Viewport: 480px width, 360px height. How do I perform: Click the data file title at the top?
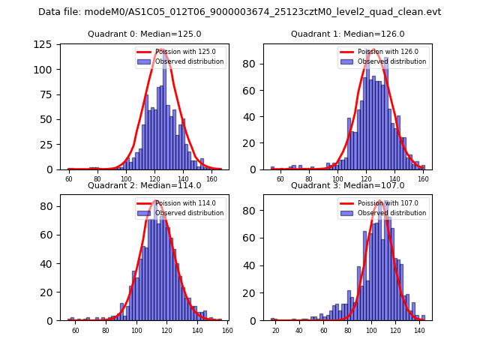(239, 12)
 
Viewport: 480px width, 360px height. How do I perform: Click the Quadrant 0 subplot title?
(145, 34)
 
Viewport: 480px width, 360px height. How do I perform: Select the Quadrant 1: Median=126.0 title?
(347, 34)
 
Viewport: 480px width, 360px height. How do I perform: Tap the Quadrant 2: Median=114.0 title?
(145, 185)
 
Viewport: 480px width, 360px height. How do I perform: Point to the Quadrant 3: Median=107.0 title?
(347, 185)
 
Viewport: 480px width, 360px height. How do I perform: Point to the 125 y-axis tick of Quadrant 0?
(46, 44)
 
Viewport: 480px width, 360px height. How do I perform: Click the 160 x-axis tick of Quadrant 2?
(226, 331)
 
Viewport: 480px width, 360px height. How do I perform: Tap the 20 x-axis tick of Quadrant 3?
(275, 331)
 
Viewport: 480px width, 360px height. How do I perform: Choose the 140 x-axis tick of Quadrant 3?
(421, 331)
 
